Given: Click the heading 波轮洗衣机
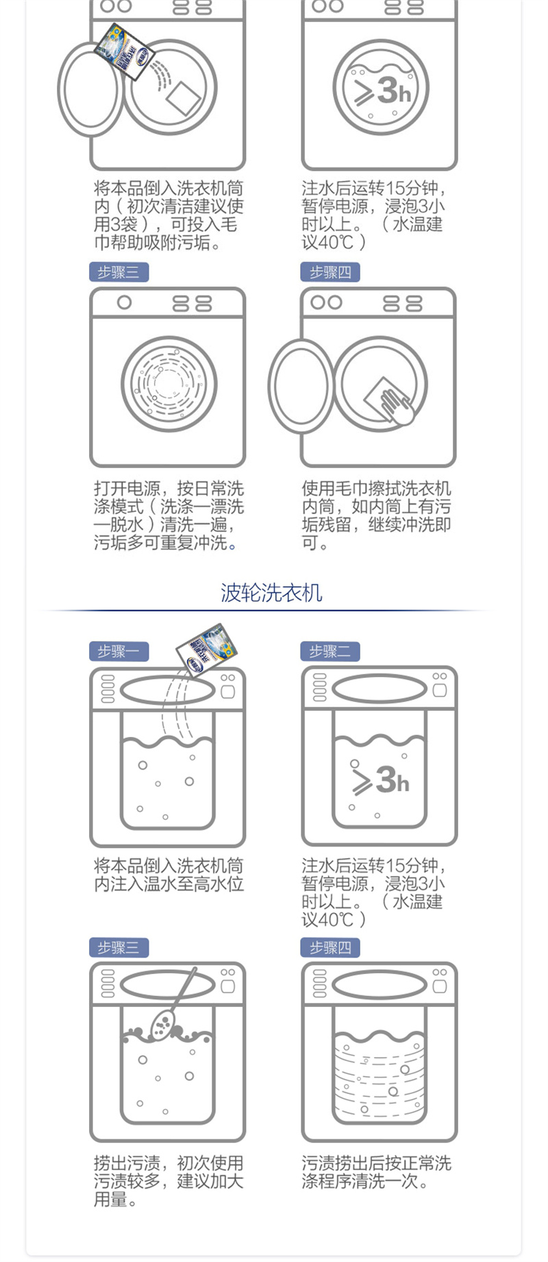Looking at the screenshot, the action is (x=271, y=592).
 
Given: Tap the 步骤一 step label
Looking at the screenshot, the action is (x=119, y=651).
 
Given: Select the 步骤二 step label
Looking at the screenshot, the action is (x=330, y=651).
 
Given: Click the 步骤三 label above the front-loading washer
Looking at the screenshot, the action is (x=119, y=272).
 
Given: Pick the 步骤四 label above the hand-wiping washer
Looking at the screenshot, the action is (x=330, y=272).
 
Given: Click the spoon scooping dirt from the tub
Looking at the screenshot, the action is (x=171, y=1004).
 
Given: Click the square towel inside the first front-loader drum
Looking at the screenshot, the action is (x=183, y=99).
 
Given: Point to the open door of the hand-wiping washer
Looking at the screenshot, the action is (x=301, y=386).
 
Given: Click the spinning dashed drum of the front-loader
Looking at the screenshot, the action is (x=169, y=384).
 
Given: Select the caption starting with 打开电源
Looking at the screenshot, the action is (x=169, y=515).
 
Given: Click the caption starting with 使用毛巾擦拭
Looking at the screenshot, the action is (x=376, y=515).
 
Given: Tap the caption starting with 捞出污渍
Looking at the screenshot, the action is (x=169, y=1181).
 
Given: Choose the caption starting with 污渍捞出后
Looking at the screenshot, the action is (x=376, y=1172).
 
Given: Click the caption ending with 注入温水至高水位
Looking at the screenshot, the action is (x=169, y=875).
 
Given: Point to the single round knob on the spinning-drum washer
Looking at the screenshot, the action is (x=124, y=302).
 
